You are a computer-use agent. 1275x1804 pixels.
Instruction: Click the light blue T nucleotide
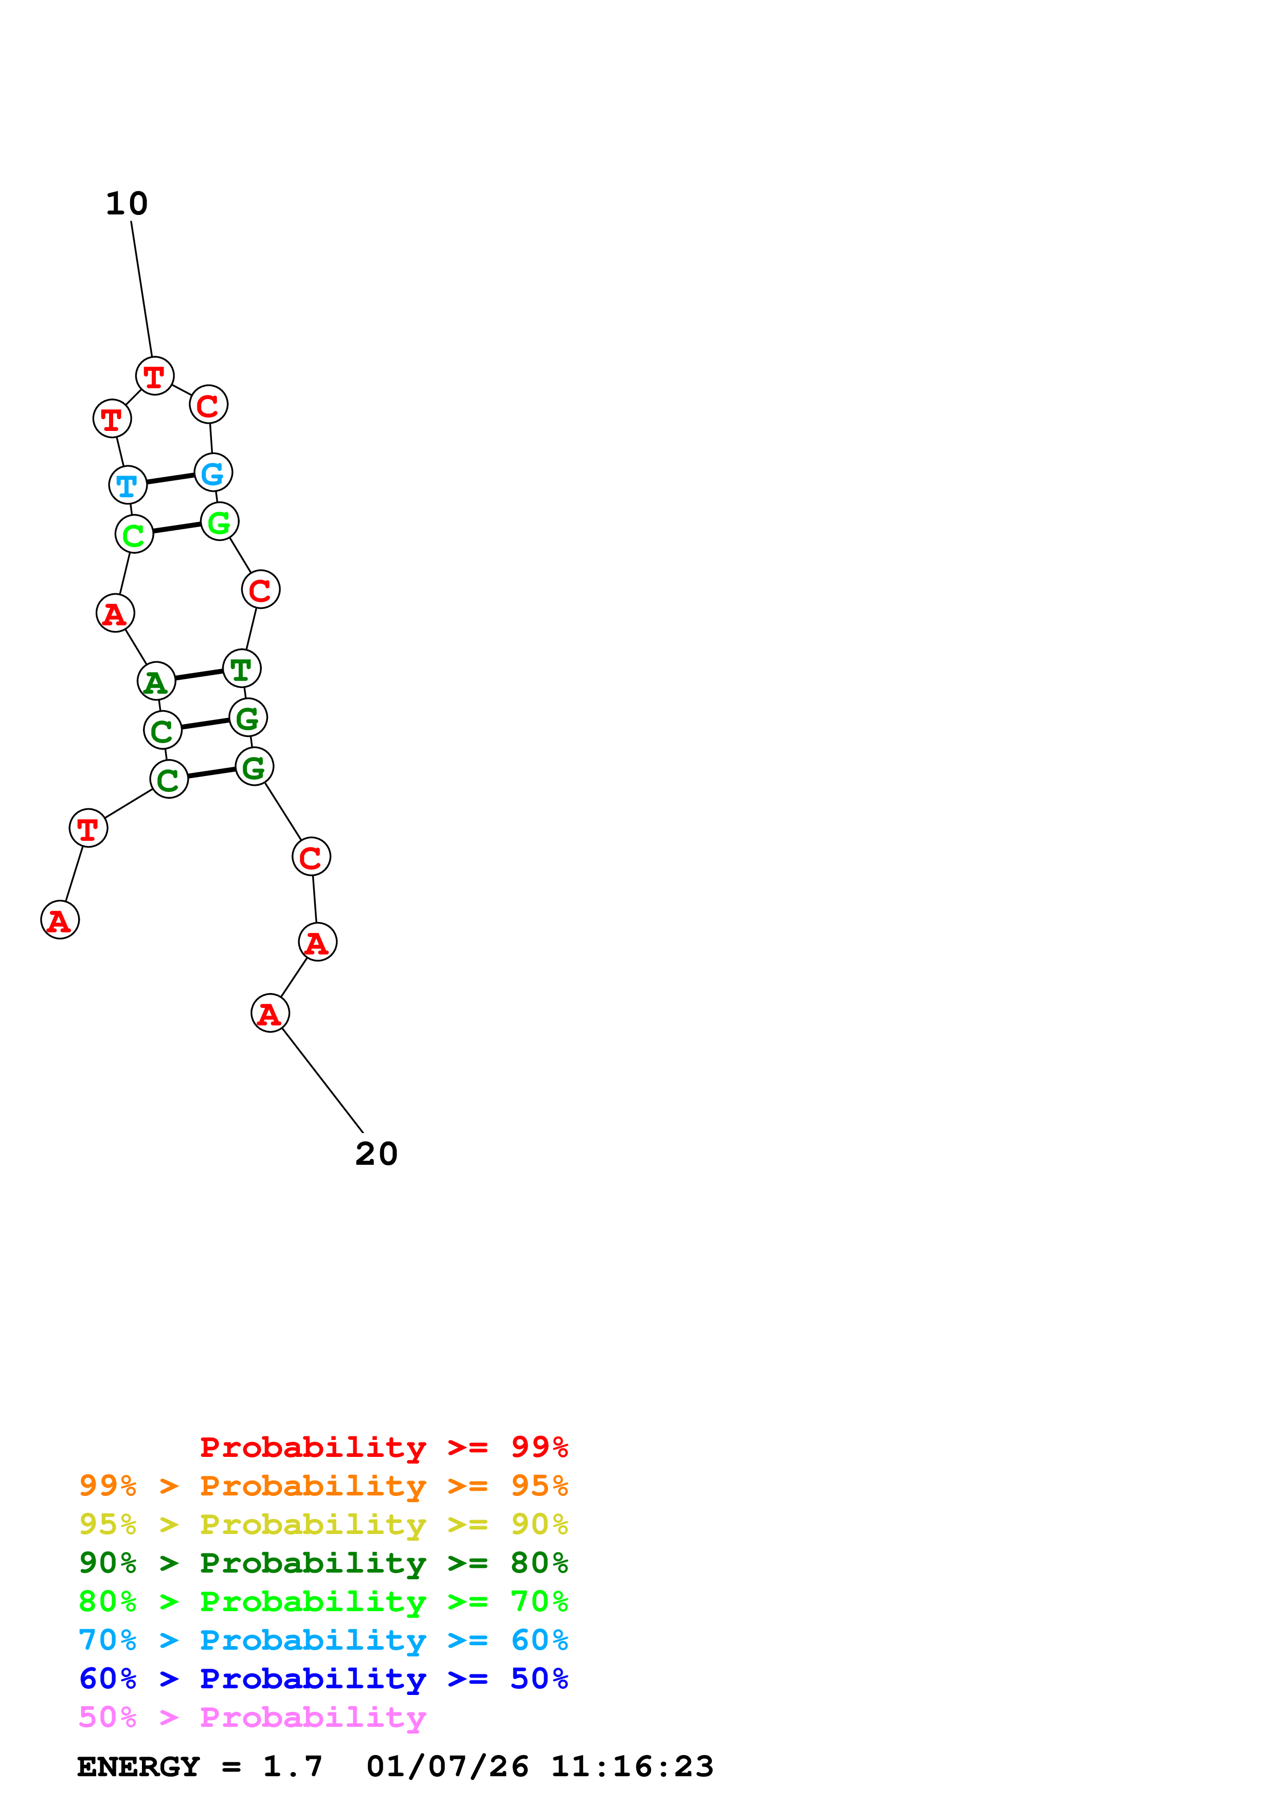(127, 485)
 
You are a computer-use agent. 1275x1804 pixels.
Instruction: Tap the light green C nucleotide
(134, 534)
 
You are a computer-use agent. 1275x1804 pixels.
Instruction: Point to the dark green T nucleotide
(241, 668)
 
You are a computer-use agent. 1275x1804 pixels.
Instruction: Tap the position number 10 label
(127, 204)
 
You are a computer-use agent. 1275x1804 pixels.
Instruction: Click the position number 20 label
(376, 1153)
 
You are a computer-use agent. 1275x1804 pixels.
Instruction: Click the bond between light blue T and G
(170, 478)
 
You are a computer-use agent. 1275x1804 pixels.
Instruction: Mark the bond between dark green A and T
(199, 674)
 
